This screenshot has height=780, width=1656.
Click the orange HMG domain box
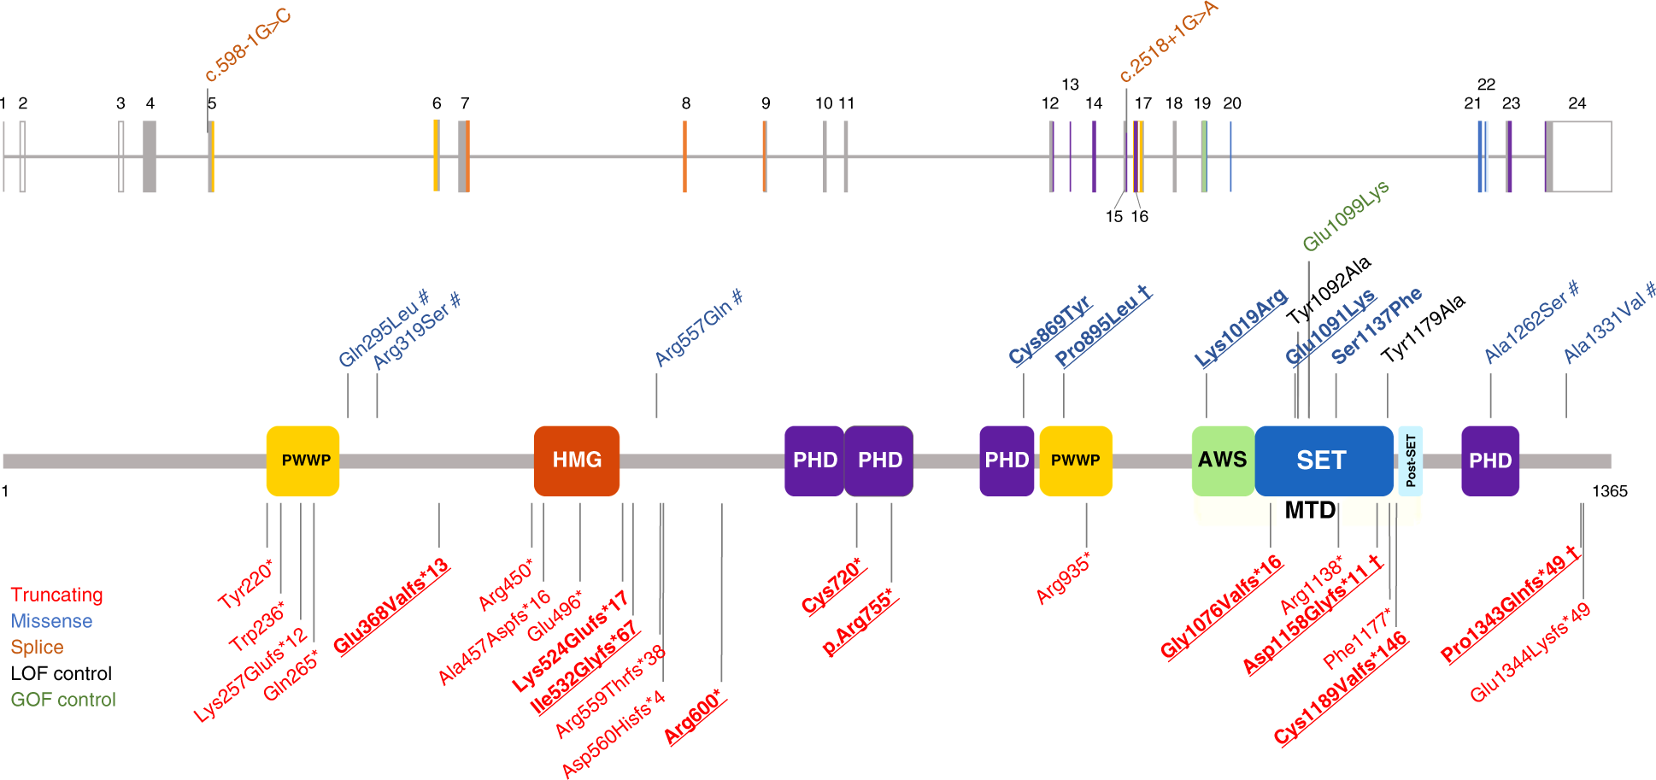tap(577, 460)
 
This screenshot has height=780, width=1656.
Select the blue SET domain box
tap(1323, 460)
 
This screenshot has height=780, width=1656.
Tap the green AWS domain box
tap(1222, 460)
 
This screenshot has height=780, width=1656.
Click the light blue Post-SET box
tap(1410, 460)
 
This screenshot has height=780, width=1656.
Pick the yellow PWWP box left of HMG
tap(303, 460)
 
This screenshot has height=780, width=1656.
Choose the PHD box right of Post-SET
tap(1490, 460)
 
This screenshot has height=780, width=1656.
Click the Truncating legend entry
tap(56, 595)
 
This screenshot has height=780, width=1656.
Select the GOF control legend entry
tap(63, 700)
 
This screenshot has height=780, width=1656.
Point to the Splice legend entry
tap(37, 648)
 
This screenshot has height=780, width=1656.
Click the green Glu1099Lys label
tap(1345, 216)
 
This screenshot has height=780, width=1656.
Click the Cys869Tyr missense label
tap(1049, 330)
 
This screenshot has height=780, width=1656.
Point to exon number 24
tap(1577, 103)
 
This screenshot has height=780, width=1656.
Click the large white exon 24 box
tap(1582, 156)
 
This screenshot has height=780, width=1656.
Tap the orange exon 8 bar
tap(684, 156)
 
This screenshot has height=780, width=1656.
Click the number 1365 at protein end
tap(1609, 491)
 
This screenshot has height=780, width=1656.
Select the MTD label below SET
tap(1310, 511)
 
